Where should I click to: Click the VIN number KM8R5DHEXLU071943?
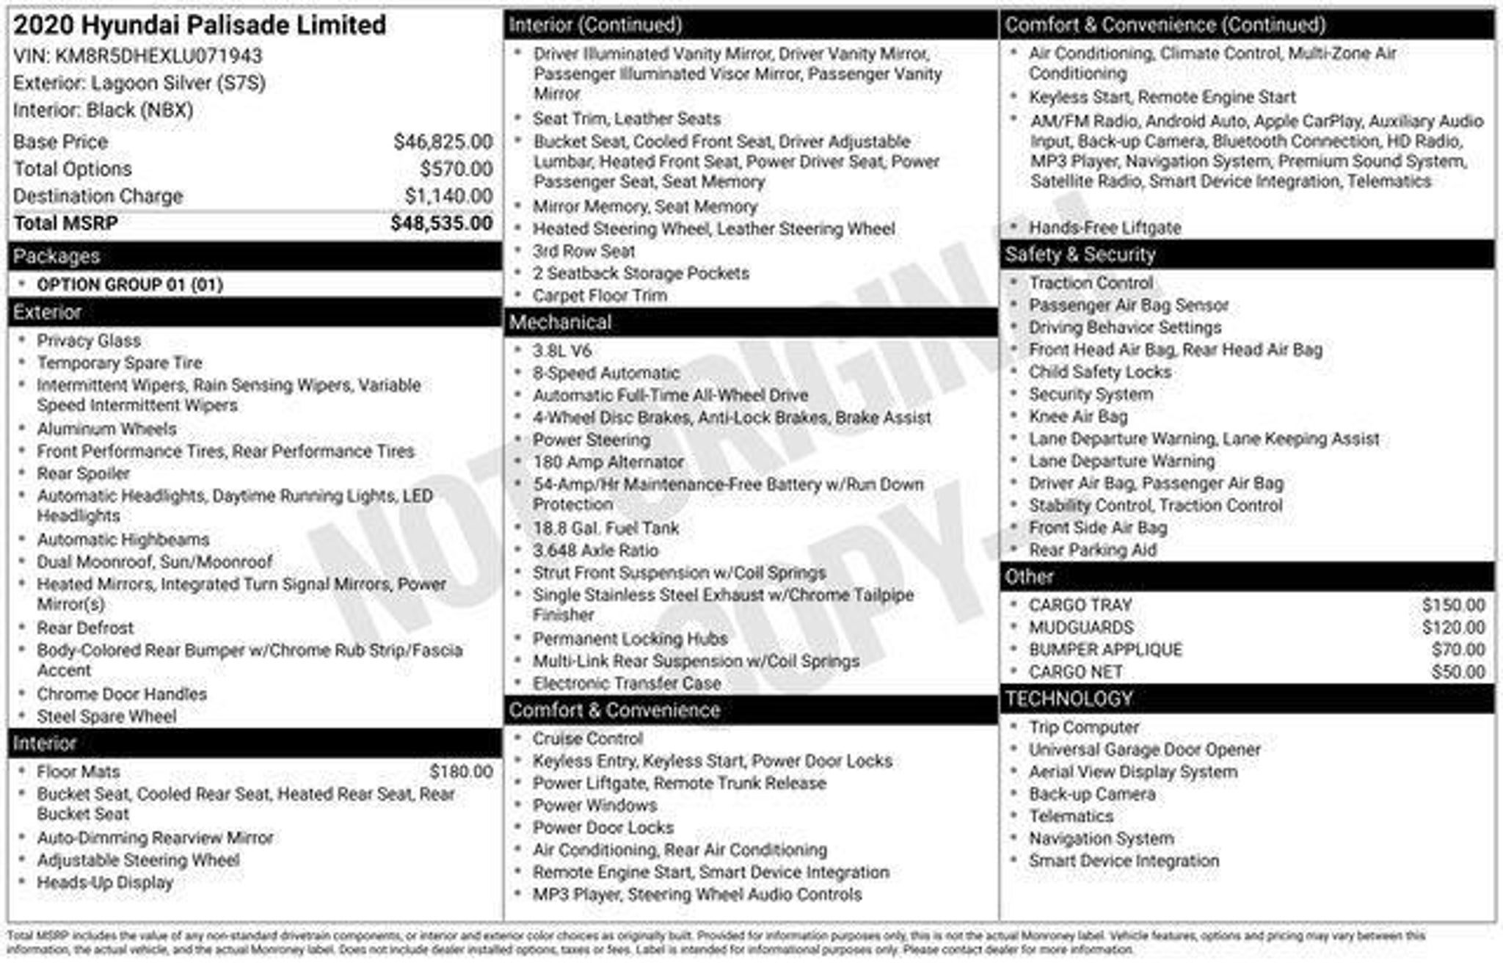coord(159,56)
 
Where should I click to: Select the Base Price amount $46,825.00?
coord(443,142)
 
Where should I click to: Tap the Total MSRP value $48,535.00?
coord(441,223)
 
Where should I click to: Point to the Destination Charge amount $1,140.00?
coord(448,196)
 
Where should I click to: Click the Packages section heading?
coord(57,256)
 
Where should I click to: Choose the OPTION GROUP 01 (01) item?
coord(130,285)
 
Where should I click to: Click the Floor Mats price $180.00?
coord(461,771)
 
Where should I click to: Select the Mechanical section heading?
coord(560,322)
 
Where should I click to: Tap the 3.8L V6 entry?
coord(562,351)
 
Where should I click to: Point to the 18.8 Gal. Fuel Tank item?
coord(606,528)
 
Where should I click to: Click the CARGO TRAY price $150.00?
coord(1453,605)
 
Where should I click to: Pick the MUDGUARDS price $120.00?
coord(1453,628)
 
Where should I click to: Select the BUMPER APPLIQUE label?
coord(1105,650)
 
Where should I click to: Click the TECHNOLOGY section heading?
coord(1069,699)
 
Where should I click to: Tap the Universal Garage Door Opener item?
coord(1144,749)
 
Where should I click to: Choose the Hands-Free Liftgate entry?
coord(1104,228)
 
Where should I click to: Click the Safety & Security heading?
coord(1080,255)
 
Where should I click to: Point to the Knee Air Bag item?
coord(1078,416)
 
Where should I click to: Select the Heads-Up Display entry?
coord(105,882)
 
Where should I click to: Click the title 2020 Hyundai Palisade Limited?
coord(200,25)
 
